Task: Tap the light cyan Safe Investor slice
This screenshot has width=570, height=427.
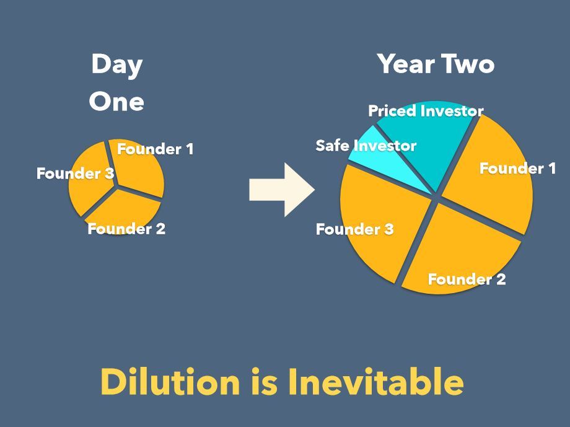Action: pos(385,160)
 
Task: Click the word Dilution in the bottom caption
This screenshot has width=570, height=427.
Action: pos(170,382)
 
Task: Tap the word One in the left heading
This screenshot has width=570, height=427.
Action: pos(116,101)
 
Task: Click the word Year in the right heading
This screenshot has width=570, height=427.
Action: pos(406,64)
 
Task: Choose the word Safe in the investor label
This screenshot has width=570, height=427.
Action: pos(333,146)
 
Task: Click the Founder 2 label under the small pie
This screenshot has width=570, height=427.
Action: pos(126,229)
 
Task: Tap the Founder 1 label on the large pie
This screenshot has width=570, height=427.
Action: pos(518,169)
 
